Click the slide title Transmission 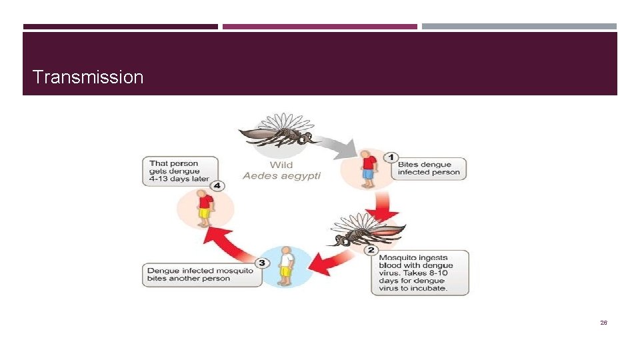point(87,77)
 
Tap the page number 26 point(603,323)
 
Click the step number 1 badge point(394,157)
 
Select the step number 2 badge point(371,250)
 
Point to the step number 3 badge point(262,263)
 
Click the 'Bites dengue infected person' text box point(429,168)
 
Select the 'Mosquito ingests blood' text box point(419,273)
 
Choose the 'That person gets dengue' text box point(180,171)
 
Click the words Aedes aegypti point(281,176)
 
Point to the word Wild point(281,165)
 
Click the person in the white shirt point(287,265)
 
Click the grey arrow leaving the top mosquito point(337,145)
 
